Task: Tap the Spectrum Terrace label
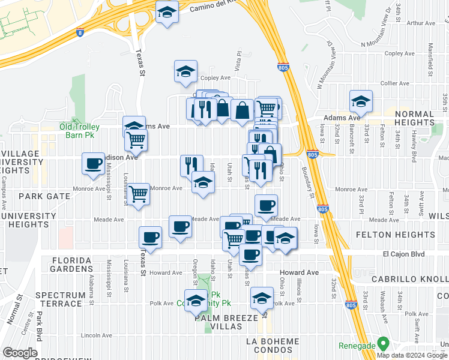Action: coord(60,299)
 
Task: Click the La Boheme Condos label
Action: coord(280,341)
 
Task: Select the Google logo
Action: coord(20,353)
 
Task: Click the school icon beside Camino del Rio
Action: coord(166,12)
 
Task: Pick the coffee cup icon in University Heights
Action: coord(94,164)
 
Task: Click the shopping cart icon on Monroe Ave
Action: coord(139,194)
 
